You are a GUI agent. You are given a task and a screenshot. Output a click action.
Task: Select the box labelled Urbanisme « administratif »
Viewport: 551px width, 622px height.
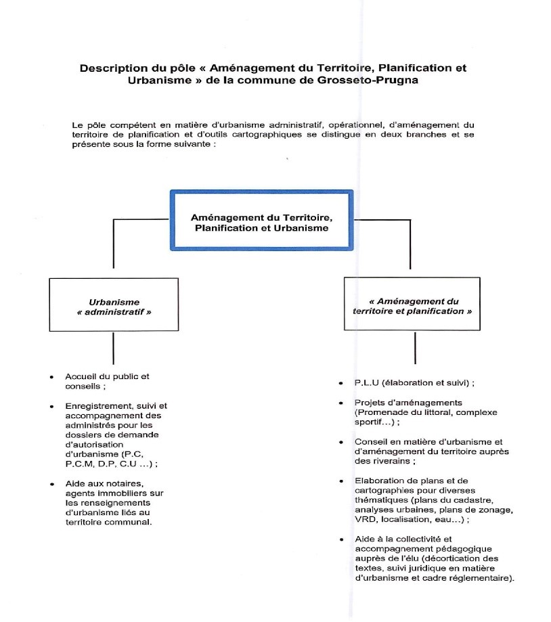[x=114, y=305]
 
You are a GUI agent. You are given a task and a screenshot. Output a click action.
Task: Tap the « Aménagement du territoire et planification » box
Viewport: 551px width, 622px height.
[x=412, y=305]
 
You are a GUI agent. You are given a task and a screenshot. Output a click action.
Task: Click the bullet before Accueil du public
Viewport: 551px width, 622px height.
[x=52, y=376]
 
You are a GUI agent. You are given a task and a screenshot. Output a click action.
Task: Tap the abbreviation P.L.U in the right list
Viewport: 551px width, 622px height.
[x=366, y=383]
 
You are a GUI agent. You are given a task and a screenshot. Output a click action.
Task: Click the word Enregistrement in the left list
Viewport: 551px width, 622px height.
[x=97, y=406]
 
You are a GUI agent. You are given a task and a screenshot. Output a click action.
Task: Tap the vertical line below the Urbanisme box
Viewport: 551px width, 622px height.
[x=113, y=348]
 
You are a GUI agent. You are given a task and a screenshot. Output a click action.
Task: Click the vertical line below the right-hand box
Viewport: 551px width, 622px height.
[x=414, y=347]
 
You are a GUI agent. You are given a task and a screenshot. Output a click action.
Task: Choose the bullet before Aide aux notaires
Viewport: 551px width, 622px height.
[x=52, y=483]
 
